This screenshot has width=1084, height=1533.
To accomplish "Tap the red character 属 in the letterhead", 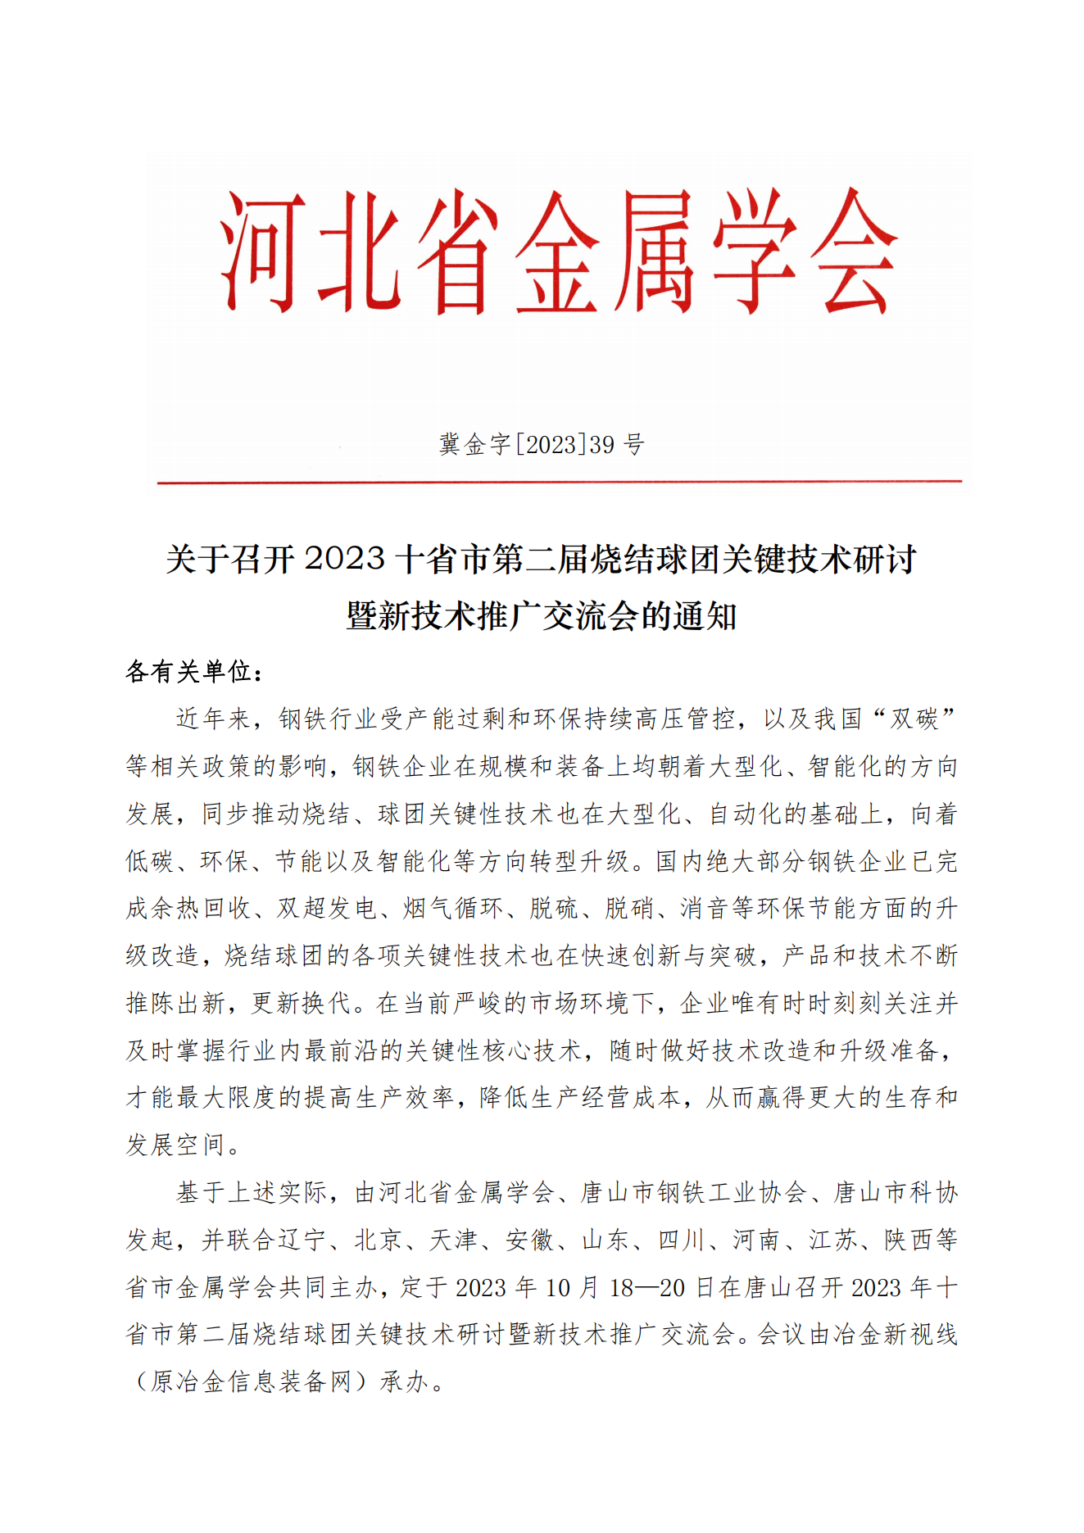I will click(654, 252).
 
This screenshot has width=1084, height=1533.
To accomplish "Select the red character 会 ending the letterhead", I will click(854, 252).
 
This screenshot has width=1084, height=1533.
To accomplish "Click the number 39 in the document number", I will click(602, 445).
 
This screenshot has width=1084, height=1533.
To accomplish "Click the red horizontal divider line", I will click(559, 482).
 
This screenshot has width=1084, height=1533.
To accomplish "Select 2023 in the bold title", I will click(344, 560).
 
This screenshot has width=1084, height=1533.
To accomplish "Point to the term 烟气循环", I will click(453, 909).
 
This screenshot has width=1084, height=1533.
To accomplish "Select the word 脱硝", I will click(630, 909).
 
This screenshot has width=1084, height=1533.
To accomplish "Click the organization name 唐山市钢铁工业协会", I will click(694, 1193).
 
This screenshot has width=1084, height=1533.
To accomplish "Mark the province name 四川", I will click(682, 1240).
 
